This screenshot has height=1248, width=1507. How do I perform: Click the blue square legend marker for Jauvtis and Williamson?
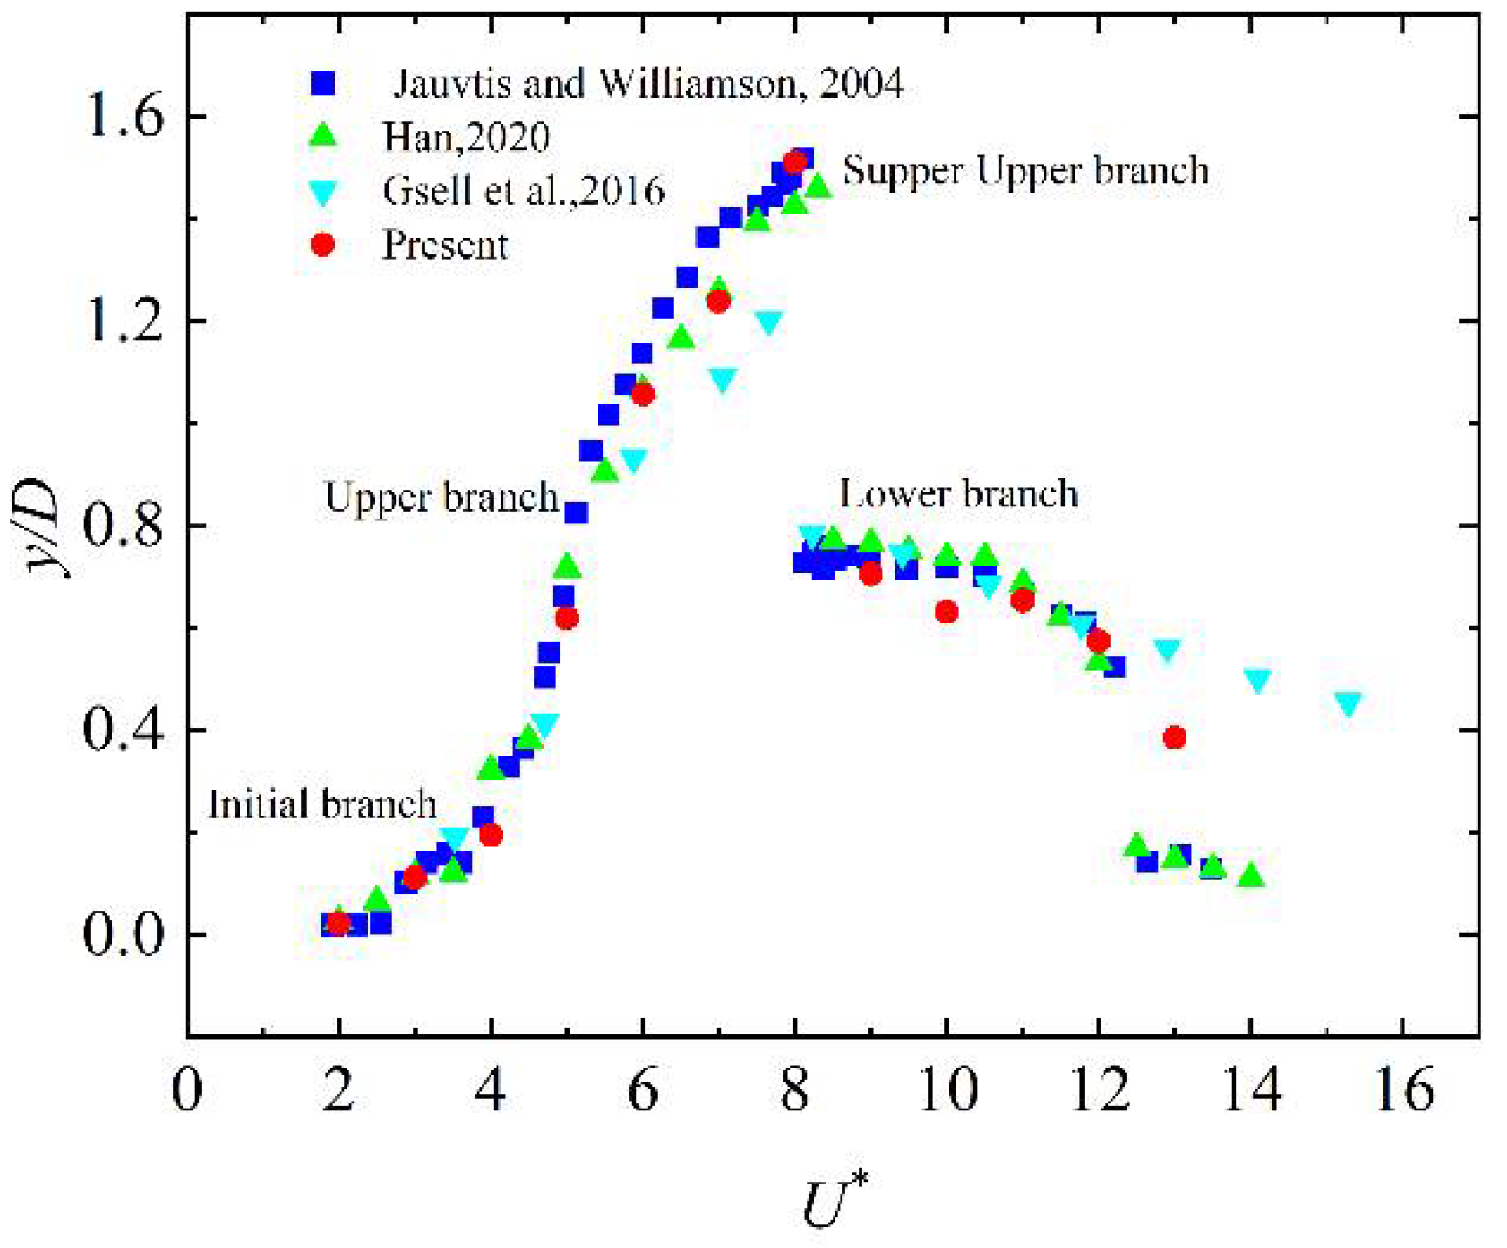[x=323, y=83]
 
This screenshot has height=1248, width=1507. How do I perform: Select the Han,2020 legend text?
[x=466, y=137]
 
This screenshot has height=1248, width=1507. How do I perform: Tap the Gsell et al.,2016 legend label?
[x=524, y=191]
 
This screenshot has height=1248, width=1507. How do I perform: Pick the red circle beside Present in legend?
[x=323, y=245]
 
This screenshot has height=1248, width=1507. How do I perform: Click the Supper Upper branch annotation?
[x=1025, y=170]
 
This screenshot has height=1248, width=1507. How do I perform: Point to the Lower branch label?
[x=958, y=494]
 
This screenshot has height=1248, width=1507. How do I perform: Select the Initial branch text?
[x=321, y=804]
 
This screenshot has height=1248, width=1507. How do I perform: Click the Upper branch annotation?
[x=441, y=497]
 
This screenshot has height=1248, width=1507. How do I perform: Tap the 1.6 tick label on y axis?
[x=124, y=116]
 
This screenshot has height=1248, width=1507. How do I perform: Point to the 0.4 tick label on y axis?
[x=124, y=730]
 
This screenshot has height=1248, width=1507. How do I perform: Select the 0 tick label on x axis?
[x=187, y=1089]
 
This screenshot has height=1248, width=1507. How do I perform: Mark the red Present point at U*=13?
[x=1174, y=737]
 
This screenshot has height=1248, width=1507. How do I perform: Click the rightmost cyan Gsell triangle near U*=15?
[x=1348, y=703]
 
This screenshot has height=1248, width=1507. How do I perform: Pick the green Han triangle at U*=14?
[x=1251, y=875]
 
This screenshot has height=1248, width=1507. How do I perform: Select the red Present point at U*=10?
[x=946, y=612]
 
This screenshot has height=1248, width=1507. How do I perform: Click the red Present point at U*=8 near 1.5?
[x=794, y=162]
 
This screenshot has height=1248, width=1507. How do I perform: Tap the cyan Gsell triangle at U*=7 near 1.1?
[x=722, y=379]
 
